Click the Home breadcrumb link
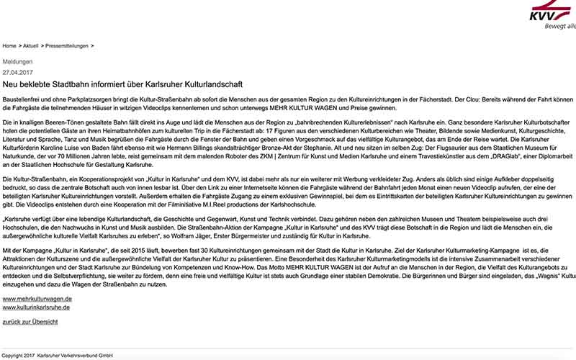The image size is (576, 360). [x=9, y=46]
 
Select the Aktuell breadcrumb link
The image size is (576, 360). [x=30, y=46]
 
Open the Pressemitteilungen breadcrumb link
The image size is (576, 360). [x=67, y=46]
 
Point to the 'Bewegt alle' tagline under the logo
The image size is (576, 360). [x=562, y=27]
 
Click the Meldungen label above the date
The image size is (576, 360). [x=18, y=62]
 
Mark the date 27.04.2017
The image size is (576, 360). [x=18, y=72]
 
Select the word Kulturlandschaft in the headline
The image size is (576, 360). [x=217, y=84]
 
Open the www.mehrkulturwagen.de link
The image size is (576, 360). [x=37, y=298]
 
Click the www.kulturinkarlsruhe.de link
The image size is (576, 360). [x=37, y=307]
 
